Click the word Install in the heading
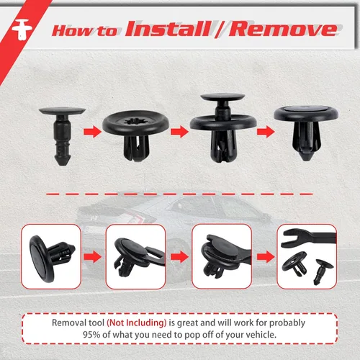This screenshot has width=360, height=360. coord(168,29)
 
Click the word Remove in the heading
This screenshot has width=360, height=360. coord(283,30)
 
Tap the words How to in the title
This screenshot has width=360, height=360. coord(85,31)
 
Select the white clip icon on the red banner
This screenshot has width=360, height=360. coord(22,30)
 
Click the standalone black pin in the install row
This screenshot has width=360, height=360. coord(62,136)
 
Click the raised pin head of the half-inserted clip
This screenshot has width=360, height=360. coord(222,97)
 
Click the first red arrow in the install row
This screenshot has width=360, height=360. coord(93,132)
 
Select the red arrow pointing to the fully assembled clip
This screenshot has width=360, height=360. coord(266,132)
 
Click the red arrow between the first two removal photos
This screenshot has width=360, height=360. coord(93,257)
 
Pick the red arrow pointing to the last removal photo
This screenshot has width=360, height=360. coord(266,257)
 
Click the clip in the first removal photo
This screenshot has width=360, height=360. coord(51,258)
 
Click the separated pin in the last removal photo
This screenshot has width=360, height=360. coord(323,271)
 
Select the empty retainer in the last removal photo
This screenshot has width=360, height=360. coord(294,264)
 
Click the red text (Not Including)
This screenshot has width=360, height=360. coord(137,323)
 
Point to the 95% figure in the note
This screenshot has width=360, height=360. coord(91,335)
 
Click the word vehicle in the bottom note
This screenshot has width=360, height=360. coord(263,335)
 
